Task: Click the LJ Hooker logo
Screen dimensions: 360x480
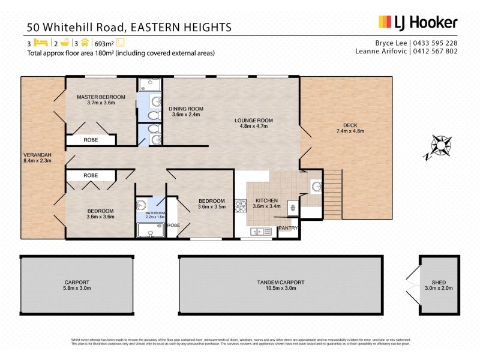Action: [418, 23]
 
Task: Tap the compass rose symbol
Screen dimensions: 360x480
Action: [441, 146]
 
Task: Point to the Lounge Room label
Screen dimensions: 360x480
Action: [253, 124]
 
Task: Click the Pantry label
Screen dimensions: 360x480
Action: [288, 227]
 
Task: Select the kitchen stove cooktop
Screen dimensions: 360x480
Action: [241, 206]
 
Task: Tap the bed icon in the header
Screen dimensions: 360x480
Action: [40, 43]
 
